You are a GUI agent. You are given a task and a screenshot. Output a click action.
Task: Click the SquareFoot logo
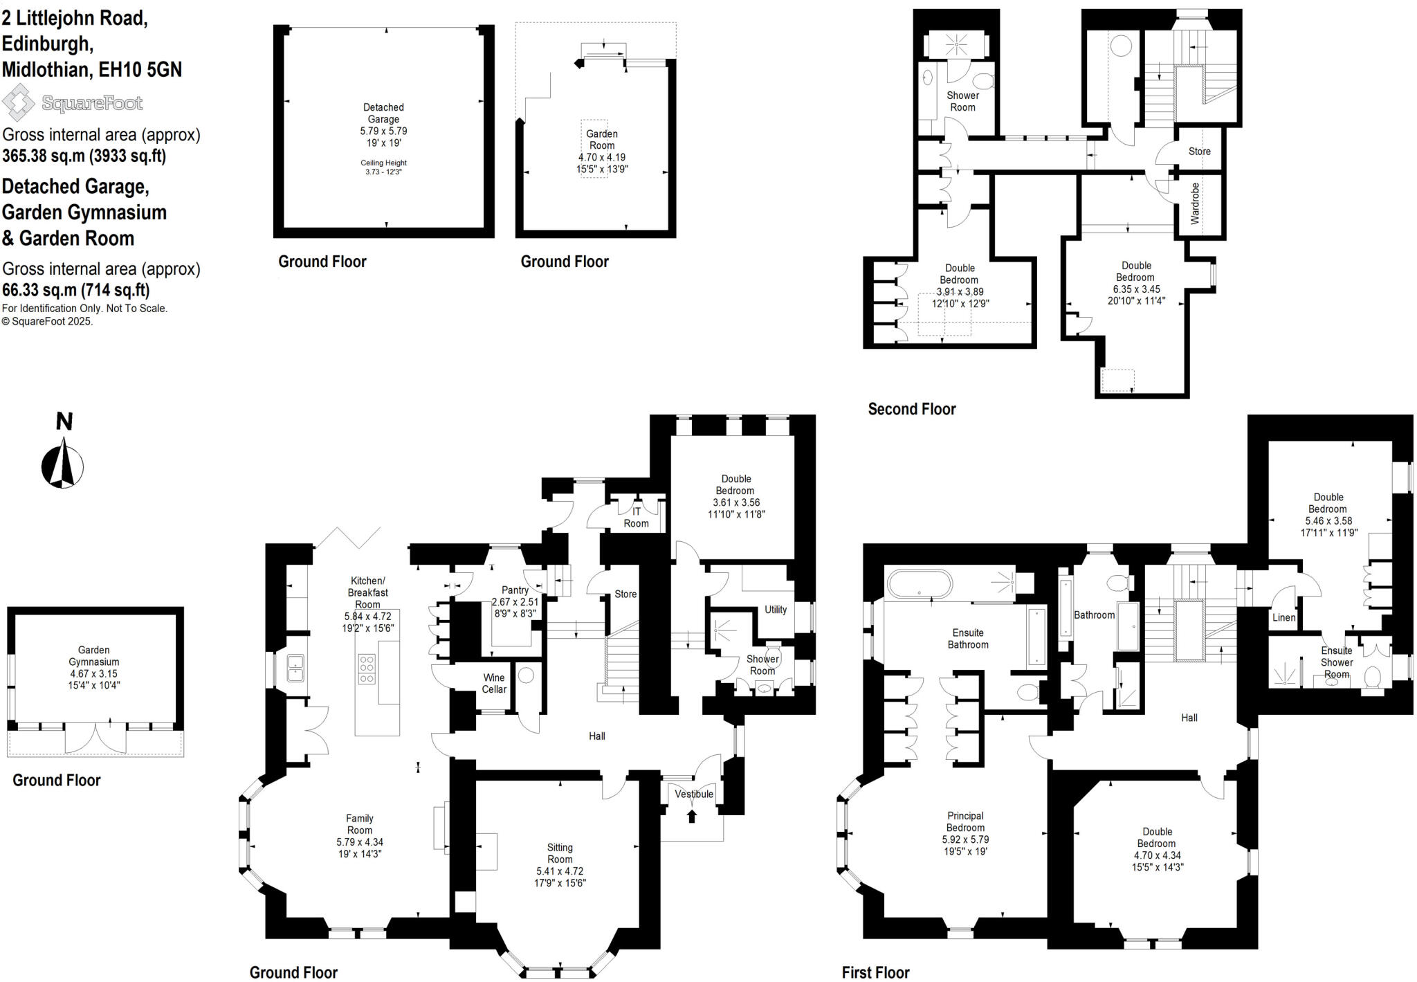(73, 103)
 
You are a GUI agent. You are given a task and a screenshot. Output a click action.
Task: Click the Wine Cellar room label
(494, 683)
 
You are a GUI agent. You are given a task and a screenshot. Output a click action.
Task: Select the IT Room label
(636, 517)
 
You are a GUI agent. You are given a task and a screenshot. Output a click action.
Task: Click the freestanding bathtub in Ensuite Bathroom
(920, 583)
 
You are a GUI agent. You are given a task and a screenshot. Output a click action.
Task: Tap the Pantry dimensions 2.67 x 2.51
(515, 602)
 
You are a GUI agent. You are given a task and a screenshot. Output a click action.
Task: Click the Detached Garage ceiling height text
(383, 167)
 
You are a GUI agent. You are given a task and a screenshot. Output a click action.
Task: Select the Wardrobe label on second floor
(1195, 203)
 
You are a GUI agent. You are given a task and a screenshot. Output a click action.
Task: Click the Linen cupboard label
(1283, 617)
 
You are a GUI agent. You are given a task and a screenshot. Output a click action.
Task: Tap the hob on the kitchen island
(367, 669)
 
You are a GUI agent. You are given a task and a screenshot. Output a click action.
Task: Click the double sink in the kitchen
(295, 667)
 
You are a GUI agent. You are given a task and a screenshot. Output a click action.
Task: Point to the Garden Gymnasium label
(93, 655)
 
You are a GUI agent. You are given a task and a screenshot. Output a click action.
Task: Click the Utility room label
(776, 610)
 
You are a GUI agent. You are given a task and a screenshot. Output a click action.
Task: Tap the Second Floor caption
(911, 409)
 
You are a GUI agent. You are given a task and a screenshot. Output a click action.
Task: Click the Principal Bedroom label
(965, 821)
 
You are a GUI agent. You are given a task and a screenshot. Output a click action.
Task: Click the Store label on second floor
(1199, 151)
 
